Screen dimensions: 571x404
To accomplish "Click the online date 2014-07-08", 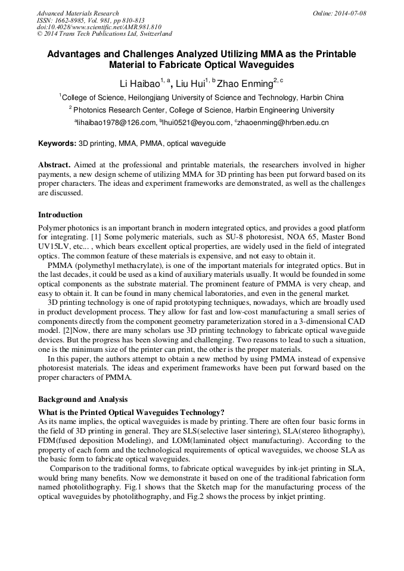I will point(348,13).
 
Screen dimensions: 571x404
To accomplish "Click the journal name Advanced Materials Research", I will point(77,13).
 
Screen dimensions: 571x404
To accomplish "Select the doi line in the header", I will point(99,27).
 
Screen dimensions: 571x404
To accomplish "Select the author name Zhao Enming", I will point(244,83).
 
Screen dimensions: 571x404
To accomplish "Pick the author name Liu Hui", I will point(190,83).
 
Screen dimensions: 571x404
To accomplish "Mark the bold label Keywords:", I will point(57,144).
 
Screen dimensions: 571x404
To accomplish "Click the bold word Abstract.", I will point(54,164).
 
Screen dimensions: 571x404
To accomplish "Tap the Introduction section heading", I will point(60,214).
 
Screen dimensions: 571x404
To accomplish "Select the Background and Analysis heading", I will point(82,399).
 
